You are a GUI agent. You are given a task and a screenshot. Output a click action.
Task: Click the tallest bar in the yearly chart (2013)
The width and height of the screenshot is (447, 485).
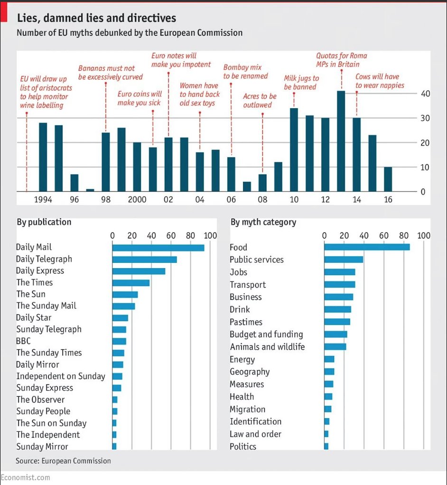pyautogui.click(x=341, y=141)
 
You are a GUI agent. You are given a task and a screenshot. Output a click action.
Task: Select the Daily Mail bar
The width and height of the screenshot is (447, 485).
pyautogui.click(x=158, y=247)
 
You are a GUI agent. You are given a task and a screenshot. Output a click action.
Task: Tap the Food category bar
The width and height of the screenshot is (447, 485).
pyautogui.click(x=367, y=247)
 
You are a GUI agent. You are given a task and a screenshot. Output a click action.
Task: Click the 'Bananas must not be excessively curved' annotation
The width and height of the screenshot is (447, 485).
pyautogui.click(x=110, y=73)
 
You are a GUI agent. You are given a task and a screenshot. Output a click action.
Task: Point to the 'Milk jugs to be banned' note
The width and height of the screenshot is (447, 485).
pyautogui.click(x=301, y=82)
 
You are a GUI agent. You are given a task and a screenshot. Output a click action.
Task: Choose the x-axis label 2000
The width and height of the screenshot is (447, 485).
pyautogui.click(x=137, y=199)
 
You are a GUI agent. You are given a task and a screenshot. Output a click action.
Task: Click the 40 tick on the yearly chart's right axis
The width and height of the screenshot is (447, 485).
pyautogui.click(x=425, y=93)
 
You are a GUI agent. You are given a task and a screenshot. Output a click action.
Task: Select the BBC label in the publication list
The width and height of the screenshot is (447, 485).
pyautogui.click(x=23, y=341)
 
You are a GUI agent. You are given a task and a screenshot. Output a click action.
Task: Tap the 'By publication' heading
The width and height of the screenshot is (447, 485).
pyautogui.click(x=44, y=222)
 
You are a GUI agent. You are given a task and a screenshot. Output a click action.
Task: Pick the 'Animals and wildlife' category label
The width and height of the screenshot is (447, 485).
pyautogui.click(x=267, y=347)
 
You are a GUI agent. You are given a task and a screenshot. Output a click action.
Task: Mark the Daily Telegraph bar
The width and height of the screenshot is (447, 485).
pyautogui.click(x=144, y=259)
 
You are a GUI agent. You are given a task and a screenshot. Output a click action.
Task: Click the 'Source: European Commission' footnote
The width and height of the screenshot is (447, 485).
pyautogui.click(x=63, y=461)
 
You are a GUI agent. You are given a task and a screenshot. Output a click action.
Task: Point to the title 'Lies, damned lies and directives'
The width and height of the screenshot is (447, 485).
pyautogui.click(x=96, y=18)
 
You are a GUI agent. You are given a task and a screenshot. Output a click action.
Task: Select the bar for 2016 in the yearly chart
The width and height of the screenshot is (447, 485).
pyautogui.click(x=388, y=179)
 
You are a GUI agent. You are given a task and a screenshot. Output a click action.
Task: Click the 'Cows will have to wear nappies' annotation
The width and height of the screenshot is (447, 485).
pyautogui.click(x=380, y=81)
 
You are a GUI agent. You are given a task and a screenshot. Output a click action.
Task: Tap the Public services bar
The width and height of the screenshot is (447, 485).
pyautogui.click(x=344, y=260)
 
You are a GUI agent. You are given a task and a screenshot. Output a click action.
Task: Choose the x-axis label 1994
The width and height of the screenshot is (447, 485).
pyautogui.click(x=43, y=199)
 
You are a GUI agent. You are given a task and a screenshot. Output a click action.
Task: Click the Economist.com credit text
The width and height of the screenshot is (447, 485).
pyautogui.click(x=25, y=477)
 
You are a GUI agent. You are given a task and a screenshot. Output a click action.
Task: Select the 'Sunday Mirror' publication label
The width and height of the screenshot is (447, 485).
pyautogui.click(x=42, y=447)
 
